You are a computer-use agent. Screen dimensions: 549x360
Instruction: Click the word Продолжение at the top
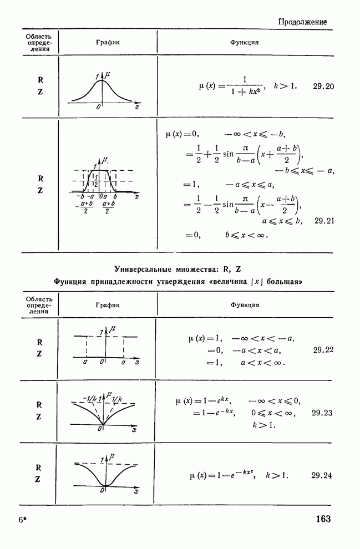click(x=302, y=22)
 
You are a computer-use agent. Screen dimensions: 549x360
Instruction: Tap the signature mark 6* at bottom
click(x=23, y=520)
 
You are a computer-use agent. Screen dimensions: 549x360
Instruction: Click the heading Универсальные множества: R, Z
click(x=178, y=270)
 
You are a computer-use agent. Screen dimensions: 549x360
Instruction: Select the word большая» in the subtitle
click(x=283, y=282)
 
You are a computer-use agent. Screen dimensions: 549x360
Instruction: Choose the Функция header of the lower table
click(x=245, y=305)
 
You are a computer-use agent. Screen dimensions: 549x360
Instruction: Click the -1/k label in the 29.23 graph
click(x=89, y=398)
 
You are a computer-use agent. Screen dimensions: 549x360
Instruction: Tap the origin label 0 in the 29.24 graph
click(x=102, y=491)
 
